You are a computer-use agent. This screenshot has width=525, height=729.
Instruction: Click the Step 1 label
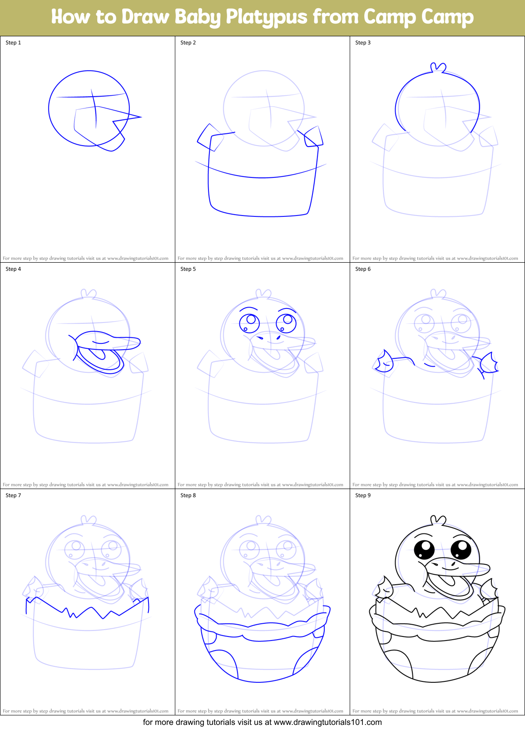point(13,43)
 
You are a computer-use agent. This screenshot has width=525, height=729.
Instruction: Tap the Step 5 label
point(188,269)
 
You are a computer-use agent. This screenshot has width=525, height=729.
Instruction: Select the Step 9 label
point(363,495)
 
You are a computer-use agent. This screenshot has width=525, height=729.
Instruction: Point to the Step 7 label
point(13,495)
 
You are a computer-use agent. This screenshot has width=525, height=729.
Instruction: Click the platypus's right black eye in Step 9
point(461,548)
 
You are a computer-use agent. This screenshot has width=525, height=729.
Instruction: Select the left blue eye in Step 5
point(249,323)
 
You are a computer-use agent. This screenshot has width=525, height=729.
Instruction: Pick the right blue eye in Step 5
point(286,323)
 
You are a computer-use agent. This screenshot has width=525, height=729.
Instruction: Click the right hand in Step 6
point(489,363)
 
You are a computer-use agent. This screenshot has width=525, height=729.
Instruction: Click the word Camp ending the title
point(447,17)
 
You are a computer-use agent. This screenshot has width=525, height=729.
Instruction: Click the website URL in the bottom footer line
point(327,722)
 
